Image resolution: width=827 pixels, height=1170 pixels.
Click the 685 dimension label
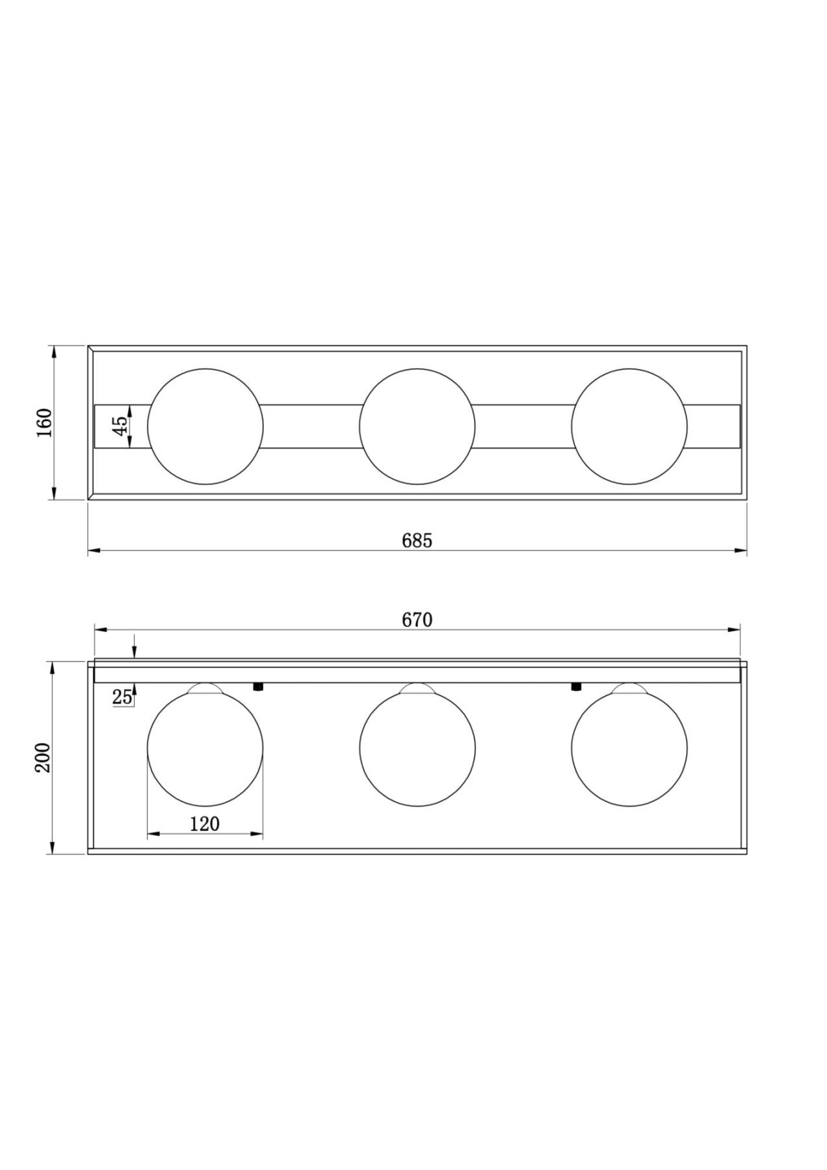click(417, 540)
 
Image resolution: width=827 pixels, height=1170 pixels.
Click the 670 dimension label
click(417, 620)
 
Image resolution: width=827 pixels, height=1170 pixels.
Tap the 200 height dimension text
click(43, 757)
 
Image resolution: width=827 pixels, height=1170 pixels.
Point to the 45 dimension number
click(120, 426)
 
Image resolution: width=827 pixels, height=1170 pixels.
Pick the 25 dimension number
click(122, 698)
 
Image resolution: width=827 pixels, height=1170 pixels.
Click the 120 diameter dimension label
click(205, 824)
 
